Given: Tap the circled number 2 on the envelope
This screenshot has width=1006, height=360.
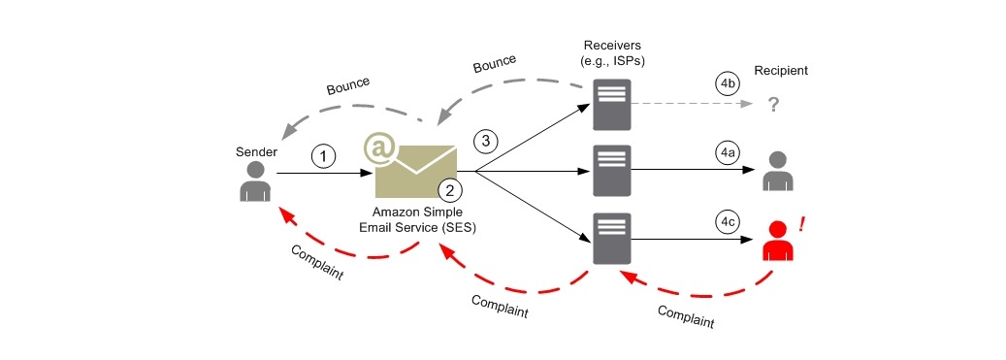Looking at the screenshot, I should pyautogui.click(x=447, y=188).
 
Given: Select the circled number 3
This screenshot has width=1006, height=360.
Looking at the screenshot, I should pyautogui.click(x=487, y=141).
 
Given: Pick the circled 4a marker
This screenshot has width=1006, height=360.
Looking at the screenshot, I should pyautogui.click(x=727, y=153).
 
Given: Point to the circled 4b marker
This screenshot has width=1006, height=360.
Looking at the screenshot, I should pyautogui.click(x=729, y=84).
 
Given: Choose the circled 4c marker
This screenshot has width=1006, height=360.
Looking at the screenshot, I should pyautogui.click(x=727, y=222).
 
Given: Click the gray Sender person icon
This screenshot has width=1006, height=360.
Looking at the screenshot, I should pyautogui.click(x=254, y=180).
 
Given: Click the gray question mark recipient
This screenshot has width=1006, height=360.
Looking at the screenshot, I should pyautogui.click(x=774, y=104).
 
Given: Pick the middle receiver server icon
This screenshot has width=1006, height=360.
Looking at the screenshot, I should pyautogui.click(x=611, y=171).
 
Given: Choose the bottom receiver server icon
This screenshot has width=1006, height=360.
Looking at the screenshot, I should pyautogui.click(x=611, y=239).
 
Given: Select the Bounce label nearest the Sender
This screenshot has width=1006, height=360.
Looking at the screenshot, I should pyautogui.click(x=347, y=87).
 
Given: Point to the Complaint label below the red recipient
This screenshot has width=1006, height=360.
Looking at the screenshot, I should pyautogui.click(x=686, y=315).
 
